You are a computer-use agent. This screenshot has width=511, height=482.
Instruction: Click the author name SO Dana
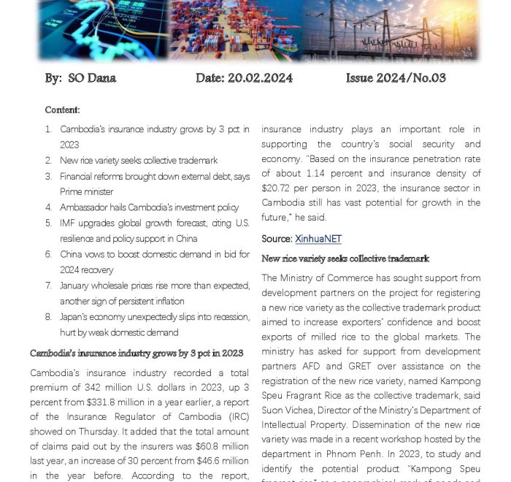coord(91,77)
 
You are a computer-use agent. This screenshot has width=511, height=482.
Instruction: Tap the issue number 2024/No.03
coord(409,77)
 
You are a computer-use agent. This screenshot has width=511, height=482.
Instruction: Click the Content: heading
coord(62,110)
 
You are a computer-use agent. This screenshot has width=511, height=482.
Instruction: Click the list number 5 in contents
coord(48,223)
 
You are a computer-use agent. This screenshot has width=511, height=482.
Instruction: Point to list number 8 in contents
coord(48,317)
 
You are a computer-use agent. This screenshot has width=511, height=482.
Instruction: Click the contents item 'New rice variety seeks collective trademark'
coord(139,160)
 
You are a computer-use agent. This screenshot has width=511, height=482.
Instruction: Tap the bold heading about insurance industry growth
coord(137,353)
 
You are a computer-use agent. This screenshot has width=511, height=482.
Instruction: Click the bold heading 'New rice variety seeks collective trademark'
coord(345,259)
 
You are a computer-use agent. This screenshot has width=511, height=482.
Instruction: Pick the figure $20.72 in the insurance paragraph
coord(276,188)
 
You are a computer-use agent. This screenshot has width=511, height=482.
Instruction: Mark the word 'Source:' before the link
coord(277,239)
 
